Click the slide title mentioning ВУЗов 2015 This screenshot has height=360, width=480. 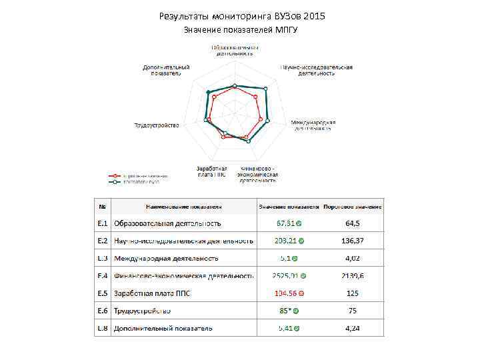(243, 15)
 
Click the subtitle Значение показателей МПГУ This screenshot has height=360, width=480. (240, 31)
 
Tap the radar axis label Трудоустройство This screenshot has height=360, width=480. (157, 125)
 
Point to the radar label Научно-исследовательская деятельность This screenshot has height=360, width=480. (316, 70)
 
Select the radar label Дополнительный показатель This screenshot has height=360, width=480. (166, 70)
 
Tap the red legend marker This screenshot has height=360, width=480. (115, 176)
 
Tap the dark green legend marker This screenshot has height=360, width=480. (115, 181)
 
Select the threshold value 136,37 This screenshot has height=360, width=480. (353, 241)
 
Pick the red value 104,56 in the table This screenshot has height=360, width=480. (285, 293)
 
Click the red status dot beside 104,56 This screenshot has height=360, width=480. (301, 293)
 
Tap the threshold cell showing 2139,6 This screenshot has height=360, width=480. (353, 275)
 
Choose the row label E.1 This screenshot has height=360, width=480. (103, 223)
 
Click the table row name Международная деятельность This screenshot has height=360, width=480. (167, 258)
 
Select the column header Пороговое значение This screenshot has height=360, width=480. (353, 206)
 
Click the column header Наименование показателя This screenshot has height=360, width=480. (180, 206)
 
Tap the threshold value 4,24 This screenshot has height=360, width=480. (353, 328)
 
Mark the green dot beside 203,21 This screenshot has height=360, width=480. (302, 241)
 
